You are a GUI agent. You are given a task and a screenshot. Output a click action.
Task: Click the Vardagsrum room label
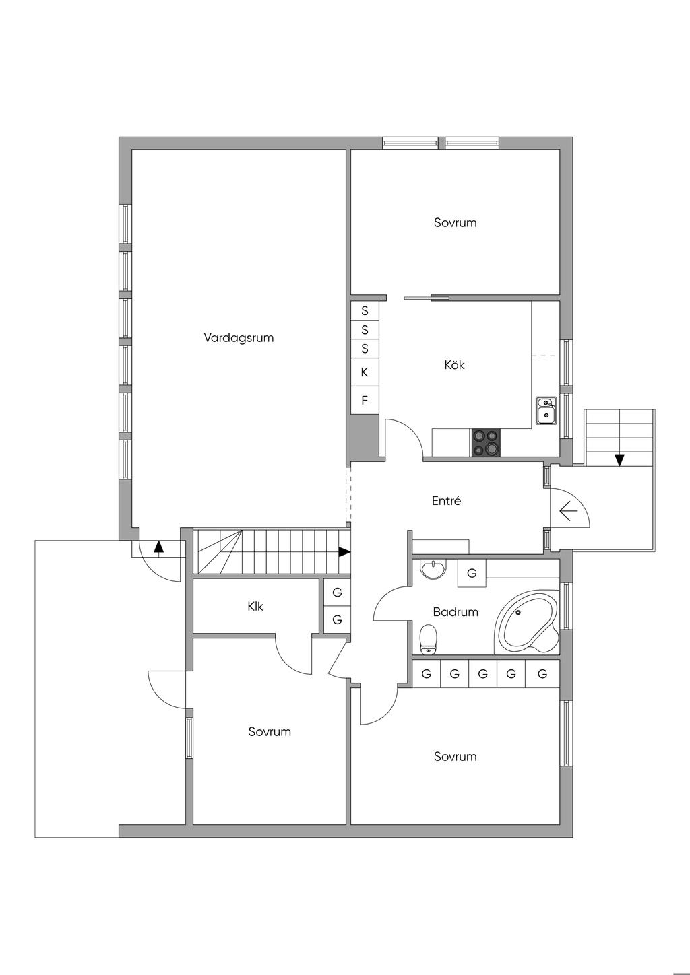tap(239, 338)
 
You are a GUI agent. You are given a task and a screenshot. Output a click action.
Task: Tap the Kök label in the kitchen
tap(454, 365)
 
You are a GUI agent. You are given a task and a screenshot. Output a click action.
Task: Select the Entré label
tap(447, 500)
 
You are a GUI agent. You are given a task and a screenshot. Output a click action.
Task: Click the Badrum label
tap(456, 612)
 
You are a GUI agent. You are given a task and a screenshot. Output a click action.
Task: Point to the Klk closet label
tap(255, 606)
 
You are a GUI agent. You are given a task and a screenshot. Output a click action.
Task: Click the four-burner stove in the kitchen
tap(486, 442)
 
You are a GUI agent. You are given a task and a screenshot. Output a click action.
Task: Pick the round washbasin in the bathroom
tap(433, 570)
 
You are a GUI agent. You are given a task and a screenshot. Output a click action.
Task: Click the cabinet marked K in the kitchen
tap(365, 372)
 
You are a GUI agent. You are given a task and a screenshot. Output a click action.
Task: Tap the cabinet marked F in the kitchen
tap(365, 400)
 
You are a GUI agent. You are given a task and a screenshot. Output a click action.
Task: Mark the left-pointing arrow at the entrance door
tap(568, 511)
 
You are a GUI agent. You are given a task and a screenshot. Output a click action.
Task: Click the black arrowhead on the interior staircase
tap(345, 552)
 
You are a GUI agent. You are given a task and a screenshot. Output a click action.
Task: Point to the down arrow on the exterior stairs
tap(619, 460)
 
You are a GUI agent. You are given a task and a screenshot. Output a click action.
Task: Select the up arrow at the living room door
tap(159, 548)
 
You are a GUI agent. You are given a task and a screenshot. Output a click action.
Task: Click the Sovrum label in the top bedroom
tap(456, 222)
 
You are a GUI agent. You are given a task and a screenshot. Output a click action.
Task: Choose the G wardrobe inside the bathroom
tap(472, 573)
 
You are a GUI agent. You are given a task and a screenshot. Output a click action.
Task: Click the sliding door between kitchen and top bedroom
tap(427, 298)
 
